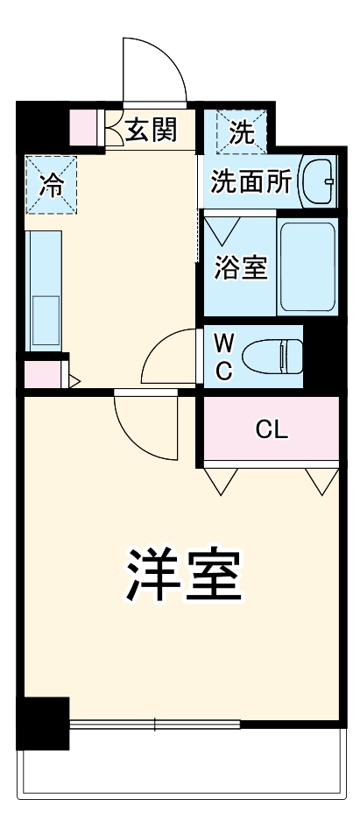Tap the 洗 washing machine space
[x=239, y=131]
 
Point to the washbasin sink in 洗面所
[x=319, y=182]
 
